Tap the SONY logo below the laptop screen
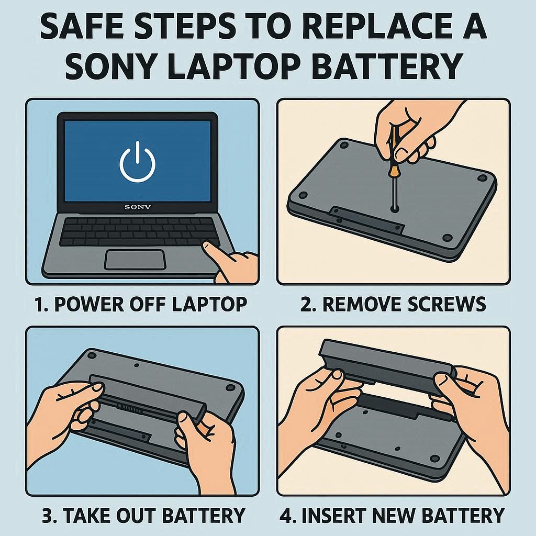tap(138, 207)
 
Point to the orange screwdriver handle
tap(395, 149)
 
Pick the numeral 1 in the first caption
tap(40, 304)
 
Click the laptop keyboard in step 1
tap(139, 232)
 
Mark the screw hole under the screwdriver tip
tap(395, 208)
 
